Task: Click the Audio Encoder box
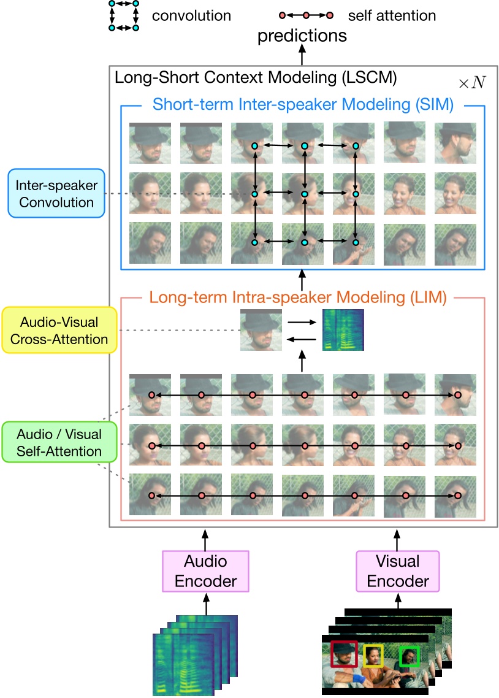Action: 205,571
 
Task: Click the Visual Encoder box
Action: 398,571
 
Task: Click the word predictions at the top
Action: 302,36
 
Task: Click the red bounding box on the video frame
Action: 344,654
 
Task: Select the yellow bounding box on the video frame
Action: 373,655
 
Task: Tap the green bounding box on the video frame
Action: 409,656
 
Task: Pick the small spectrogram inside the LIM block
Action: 338,330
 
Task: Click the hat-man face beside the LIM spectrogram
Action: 261,330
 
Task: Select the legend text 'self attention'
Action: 391,15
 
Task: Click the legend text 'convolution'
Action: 191,15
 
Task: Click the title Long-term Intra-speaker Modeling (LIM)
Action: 298,299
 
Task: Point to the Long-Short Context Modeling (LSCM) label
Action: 256,78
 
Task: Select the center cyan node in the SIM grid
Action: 304,194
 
